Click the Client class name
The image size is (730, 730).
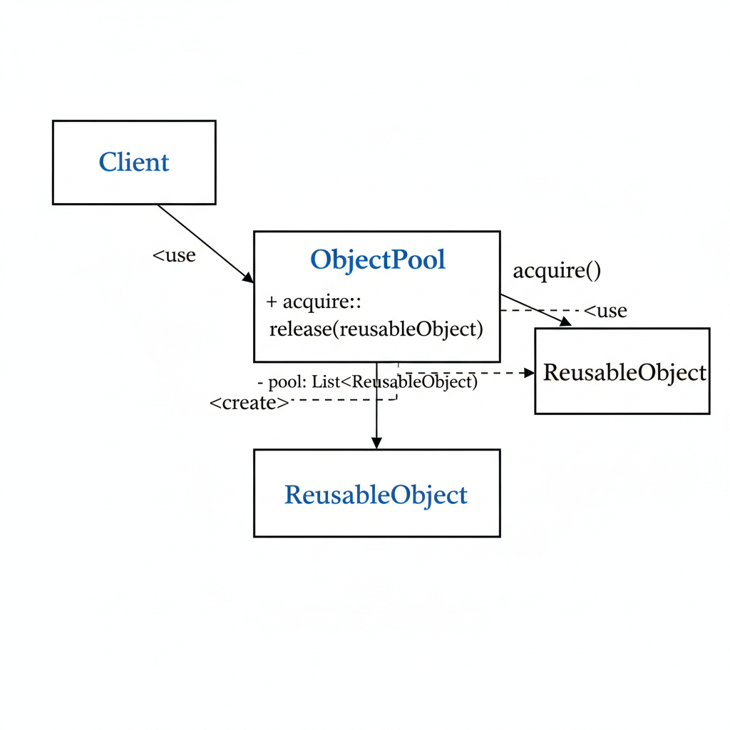click(x=134, y=163)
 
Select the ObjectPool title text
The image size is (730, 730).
click(x=378, y=259)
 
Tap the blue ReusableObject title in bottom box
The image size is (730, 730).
click(x=376, y=495)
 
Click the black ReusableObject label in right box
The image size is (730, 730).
click(x=624, y=372)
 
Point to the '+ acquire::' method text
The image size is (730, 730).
click(x=314, y=302)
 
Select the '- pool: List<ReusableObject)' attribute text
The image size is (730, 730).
click(x=367, y=382)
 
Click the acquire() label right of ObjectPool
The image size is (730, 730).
click(x=557, y=271)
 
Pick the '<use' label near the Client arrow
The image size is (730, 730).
click(x=175, y=255)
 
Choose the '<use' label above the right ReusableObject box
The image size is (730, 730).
click(x=606, y=311)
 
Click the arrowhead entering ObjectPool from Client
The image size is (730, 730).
click(x=248, y=278)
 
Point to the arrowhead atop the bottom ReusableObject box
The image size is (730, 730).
click(x=376, y=443)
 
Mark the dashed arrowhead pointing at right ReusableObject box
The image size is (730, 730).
click(x=529, y=373)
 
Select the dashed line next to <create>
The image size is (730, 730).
click(x=342, y=400)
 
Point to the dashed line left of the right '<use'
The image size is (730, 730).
click(x=542, y=311)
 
